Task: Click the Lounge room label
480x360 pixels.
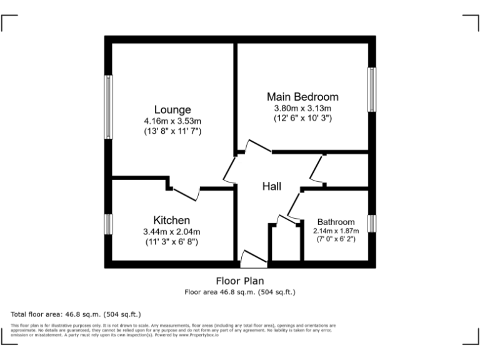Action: (x=173, y=110)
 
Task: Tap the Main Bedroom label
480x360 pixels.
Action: (x=302, y=97)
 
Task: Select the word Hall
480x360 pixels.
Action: (x=271, y=186)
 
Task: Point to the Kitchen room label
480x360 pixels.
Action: (x=171, y=220)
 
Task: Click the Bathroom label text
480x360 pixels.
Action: (x=336, y=222)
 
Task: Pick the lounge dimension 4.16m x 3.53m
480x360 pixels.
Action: (x=172, y=121)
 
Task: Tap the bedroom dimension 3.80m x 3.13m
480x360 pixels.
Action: (x=302, y=107)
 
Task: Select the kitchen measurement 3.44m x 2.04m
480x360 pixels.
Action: (x=171, y=232)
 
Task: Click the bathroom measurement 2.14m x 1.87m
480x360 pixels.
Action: (x=336, y=231)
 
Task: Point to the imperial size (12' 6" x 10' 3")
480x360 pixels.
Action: (x=302, y=117)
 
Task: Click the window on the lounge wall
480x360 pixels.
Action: (x=109, y=108)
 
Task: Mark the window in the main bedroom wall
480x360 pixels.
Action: (x=372, y=89)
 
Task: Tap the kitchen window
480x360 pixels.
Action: (x=108, y=224)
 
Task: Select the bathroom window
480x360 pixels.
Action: (x=372, y=224)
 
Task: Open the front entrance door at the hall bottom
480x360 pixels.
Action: (x=254, y=257)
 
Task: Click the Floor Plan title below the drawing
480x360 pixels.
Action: (x=240, y=281)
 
